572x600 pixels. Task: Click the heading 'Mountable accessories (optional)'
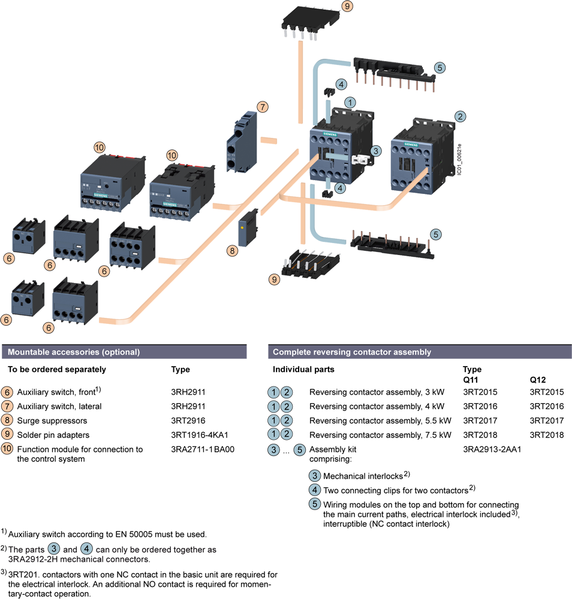pos(73,353)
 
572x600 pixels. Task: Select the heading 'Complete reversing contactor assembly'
pos(352,353)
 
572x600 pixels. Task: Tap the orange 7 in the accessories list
pos(7,406)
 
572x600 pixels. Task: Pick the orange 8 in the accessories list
pos(7,420)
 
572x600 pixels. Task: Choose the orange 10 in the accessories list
pos(7,448)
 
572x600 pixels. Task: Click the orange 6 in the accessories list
pos(7,392)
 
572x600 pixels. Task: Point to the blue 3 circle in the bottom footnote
pos(54,548)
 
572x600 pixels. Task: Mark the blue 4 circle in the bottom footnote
pos(86,548)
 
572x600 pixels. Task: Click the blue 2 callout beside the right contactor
pos(460,116)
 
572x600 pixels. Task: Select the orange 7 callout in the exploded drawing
pos(262,107)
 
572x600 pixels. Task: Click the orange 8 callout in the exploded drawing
pos(232,251)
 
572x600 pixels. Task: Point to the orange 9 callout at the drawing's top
pos(347,7)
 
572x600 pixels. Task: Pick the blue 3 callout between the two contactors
pos(375,151)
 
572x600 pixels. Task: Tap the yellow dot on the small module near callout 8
pos(241,229)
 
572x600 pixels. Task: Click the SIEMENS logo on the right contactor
pos(412,145)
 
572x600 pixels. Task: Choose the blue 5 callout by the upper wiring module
pos(439,68)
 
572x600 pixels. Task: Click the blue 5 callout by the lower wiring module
pos(436,234)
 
